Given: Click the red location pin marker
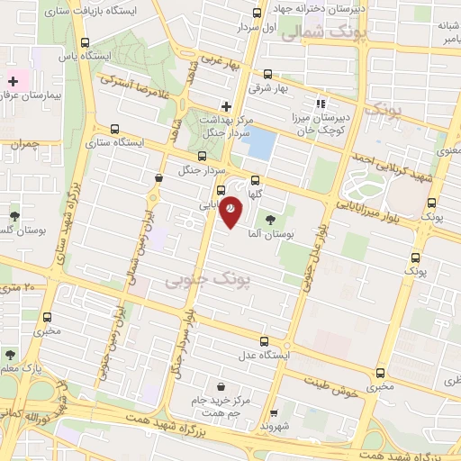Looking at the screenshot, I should (231, 210).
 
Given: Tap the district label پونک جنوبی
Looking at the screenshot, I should (199, 281).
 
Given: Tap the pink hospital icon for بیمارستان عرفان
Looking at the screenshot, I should (13, 81).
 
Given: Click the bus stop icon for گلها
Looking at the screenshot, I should (256, 180).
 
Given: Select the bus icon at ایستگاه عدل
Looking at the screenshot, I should (264, 341).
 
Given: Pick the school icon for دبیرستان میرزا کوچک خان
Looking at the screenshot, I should (321, 104).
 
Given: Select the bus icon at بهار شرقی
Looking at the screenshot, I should (267, 75).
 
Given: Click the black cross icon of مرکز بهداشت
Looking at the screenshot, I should (226, 105).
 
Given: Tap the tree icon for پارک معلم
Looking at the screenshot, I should (9, 355).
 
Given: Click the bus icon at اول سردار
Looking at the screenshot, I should (258, 14).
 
